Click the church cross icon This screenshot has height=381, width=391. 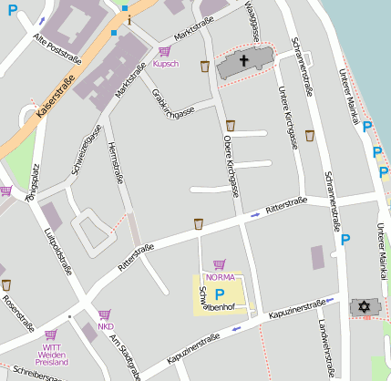click(243, 62)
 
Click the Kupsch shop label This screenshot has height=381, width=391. click(165, 64)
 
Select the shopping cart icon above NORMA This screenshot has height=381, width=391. click(219, 264)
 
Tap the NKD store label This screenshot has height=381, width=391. click(106, 325)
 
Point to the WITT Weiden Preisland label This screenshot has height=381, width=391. click(51, 355)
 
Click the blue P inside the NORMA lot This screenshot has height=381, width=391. click(219, 293)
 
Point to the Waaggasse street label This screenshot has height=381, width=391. click(256, 17)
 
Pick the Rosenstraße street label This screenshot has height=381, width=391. click(16, 313)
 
